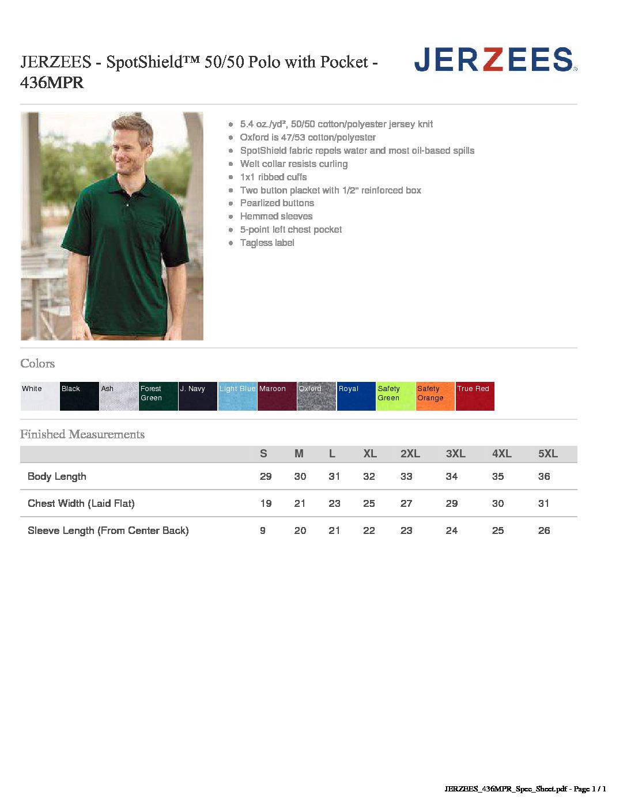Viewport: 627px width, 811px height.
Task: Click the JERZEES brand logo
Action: [x=495, y=60]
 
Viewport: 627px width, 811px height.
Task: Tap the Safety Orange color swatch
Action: [x=435, y=396]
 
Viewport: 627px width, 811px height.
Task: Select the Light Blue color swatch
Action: [x=237, y=396]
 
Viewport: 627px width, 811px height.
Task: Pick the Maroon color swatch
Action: [x=277, y=396]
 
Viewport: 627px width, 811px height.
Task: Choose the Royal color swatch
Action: [x=356, y=396]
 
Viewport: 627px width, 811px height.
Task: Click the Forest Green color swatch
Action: [x=158, y=396]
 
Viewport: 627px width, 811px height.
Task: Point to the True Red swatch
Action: [x=475, y=396]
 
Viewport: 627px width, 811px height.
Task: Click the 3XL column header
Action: [x=455, y=454]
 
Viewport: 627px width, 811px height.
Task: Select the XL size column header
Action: [x=370, y=454]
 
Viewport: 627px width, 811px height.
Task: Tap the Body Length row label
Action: [x=57, y=476]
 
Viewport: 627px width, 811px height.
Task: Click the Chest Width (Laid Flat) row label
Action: [x=81, y=503]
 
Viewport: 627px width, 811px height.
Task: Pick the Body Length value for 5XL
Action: [x=544, y=476]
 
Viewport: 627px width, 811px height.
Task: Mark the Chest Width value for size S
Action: [x=266, y=503]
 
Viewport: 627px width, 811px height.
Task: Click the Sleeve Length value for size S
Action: [x=263, y=530]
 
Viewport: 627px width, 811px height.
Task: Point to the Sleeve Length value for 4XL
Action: [x=498, y=530]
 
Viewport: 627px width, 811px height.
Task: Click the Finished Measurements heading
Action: [x=82, y=434]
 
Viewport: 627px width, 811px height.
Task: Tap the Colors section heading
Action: [x=37, y=363]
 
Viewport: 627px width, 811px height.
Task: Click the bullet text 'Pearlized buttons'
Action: [x=277, y=203]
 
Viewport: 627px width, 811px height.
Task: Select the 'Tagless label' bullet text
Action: [x=267, y=243]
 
